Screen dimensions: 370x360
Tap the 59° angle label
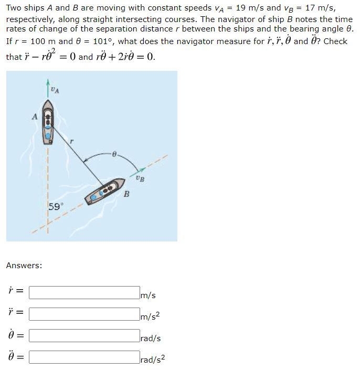pyautogui.click(x=55, y=206)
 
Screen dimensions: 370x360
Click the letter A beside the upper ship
pyautogui.click(x=35, y=117)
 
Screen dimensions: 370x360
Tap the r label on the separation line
pyautogui.click(x=72, y=141)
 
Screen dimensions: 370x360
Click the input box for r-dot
pyautogui.click(x=84, y=292)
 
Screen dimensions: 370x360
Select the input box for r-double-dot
pyautogui.click(x=84, y=314)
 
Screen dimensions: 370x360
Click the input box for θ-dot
pyautogui.click(x=84, y=336)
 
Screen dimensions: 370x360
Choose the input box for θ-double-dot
pyautogui.click(x=84, y=358)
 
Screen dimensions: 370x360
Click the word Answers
pyautogui.click(x=24, y=266)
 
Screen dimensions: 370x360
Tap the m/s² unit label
pyautogui.click(x=150, y=316)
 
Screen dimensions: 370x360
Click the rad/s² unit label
pyautogui.click(x=152, y=360)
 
